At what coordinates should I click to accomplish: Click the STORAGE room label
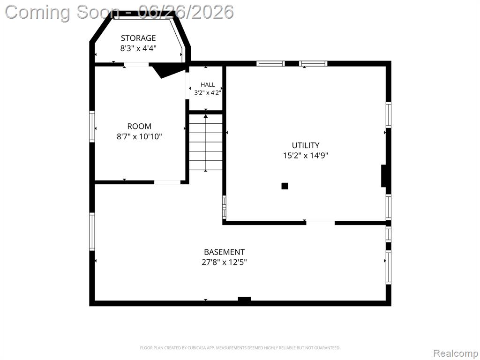[138, 38]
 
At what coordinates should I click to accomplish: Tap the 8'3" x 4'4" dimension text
[138, 48]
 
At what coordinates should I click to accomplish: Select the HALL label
[208, 84]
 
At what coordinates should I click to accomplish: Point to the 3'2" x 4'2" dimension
[208, 92]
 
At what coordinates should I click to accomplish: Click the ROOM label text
[139, 126]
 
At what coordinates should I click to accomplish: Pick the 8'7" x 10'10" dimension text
[139, 136]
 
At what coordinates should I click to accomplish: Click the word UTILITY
[306, 145]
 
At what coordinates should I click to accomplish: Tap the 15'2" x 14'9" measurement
[306, 155]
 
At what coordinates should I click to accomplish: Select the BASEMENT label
[225, 252]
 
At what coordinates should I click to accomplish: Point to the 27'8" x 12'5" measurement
[225, 262]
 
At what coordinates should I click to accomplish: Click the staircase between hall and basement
[206, 142]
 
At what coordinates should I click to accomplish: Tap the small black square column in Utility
[285, 186]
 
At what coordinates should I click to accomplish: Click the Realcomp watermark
[456, 353]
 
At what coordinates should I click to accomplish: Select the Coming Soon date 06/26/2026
[186, 12]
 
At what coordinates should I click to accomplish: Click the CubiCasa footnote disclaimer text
[240, 348]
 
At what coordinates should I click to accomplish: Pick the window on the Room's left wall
[92, 127]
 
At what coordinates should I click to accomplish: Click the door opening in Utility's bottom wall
[320, 223]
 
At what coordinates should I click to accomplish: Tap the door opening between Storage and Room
[136, 64]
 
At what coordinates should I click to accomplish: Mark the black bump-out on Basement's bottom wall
[244, 299]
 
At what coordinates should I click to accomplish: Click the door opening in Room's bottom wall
[167, 182]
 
